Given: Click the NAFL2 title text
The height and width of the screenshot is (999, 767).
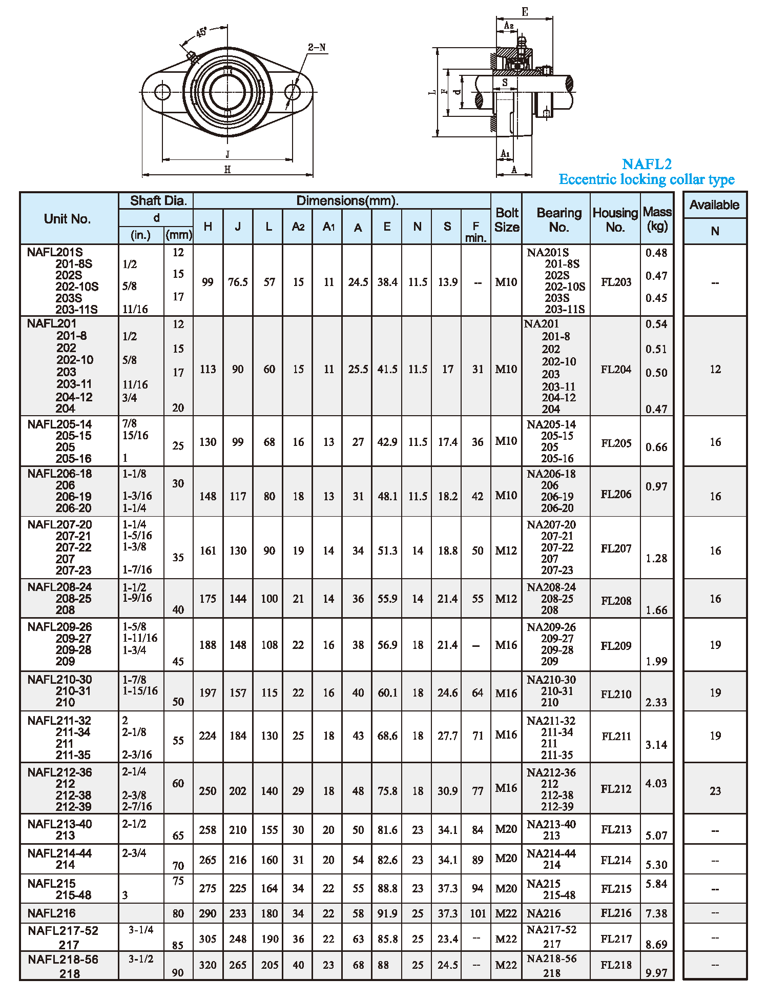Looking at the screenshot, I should pos(646,164).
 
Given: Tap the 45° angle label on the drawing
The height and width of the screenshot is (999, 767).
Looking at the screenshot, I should pos(201,33).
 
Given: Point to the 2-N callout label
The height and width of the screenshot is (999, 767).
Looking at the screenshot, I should pos(317,48).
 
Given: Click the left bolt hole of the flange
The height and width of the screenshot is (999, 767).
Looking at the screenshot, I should pos(162,92).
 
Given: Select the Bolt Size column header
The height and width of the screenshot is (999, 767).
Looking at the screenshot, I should pos(507,220).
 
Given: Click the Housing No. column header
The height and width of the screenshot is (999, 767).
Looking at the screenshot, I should pos(615,220).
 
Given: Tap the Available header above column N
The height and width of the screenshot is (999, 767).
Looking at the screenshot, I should pos(714,205).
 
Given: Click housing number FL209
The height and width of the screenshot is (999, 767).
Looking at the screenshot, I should pos(616,646).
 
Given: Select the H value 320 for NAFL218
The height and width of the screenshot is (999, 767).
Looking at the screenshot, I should pos(208,965).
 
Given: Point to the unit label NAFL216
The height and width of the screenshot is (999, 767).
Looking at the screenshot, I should pos(52,913).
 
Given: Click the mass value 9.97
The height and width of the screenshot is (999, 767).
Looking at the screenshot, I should pos(656,973).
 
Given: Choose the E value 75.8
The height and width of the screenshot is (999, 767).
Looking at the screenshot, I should pos(387,791).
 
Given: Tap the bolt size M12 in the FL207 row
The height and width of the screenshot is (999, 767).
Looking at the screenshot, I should pos(506,551).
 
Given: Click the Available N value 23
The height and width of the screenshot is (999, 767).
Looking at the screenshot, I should pos(715,791).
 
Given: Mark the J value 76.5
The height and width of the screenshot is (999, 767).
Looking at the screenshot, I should pos(238,282).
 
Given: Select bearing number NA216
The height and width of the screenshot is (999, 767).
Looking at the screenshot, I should pos(544,913).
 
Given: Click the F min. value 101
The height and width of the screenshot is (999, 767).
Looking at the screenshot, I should pos(478,913).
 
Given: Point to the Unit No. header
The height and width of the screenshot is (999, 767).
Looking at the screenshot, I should pos(67,219).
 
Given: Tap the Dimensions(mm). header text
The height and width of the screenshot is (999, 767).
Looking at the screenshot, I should pos(347,201).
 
